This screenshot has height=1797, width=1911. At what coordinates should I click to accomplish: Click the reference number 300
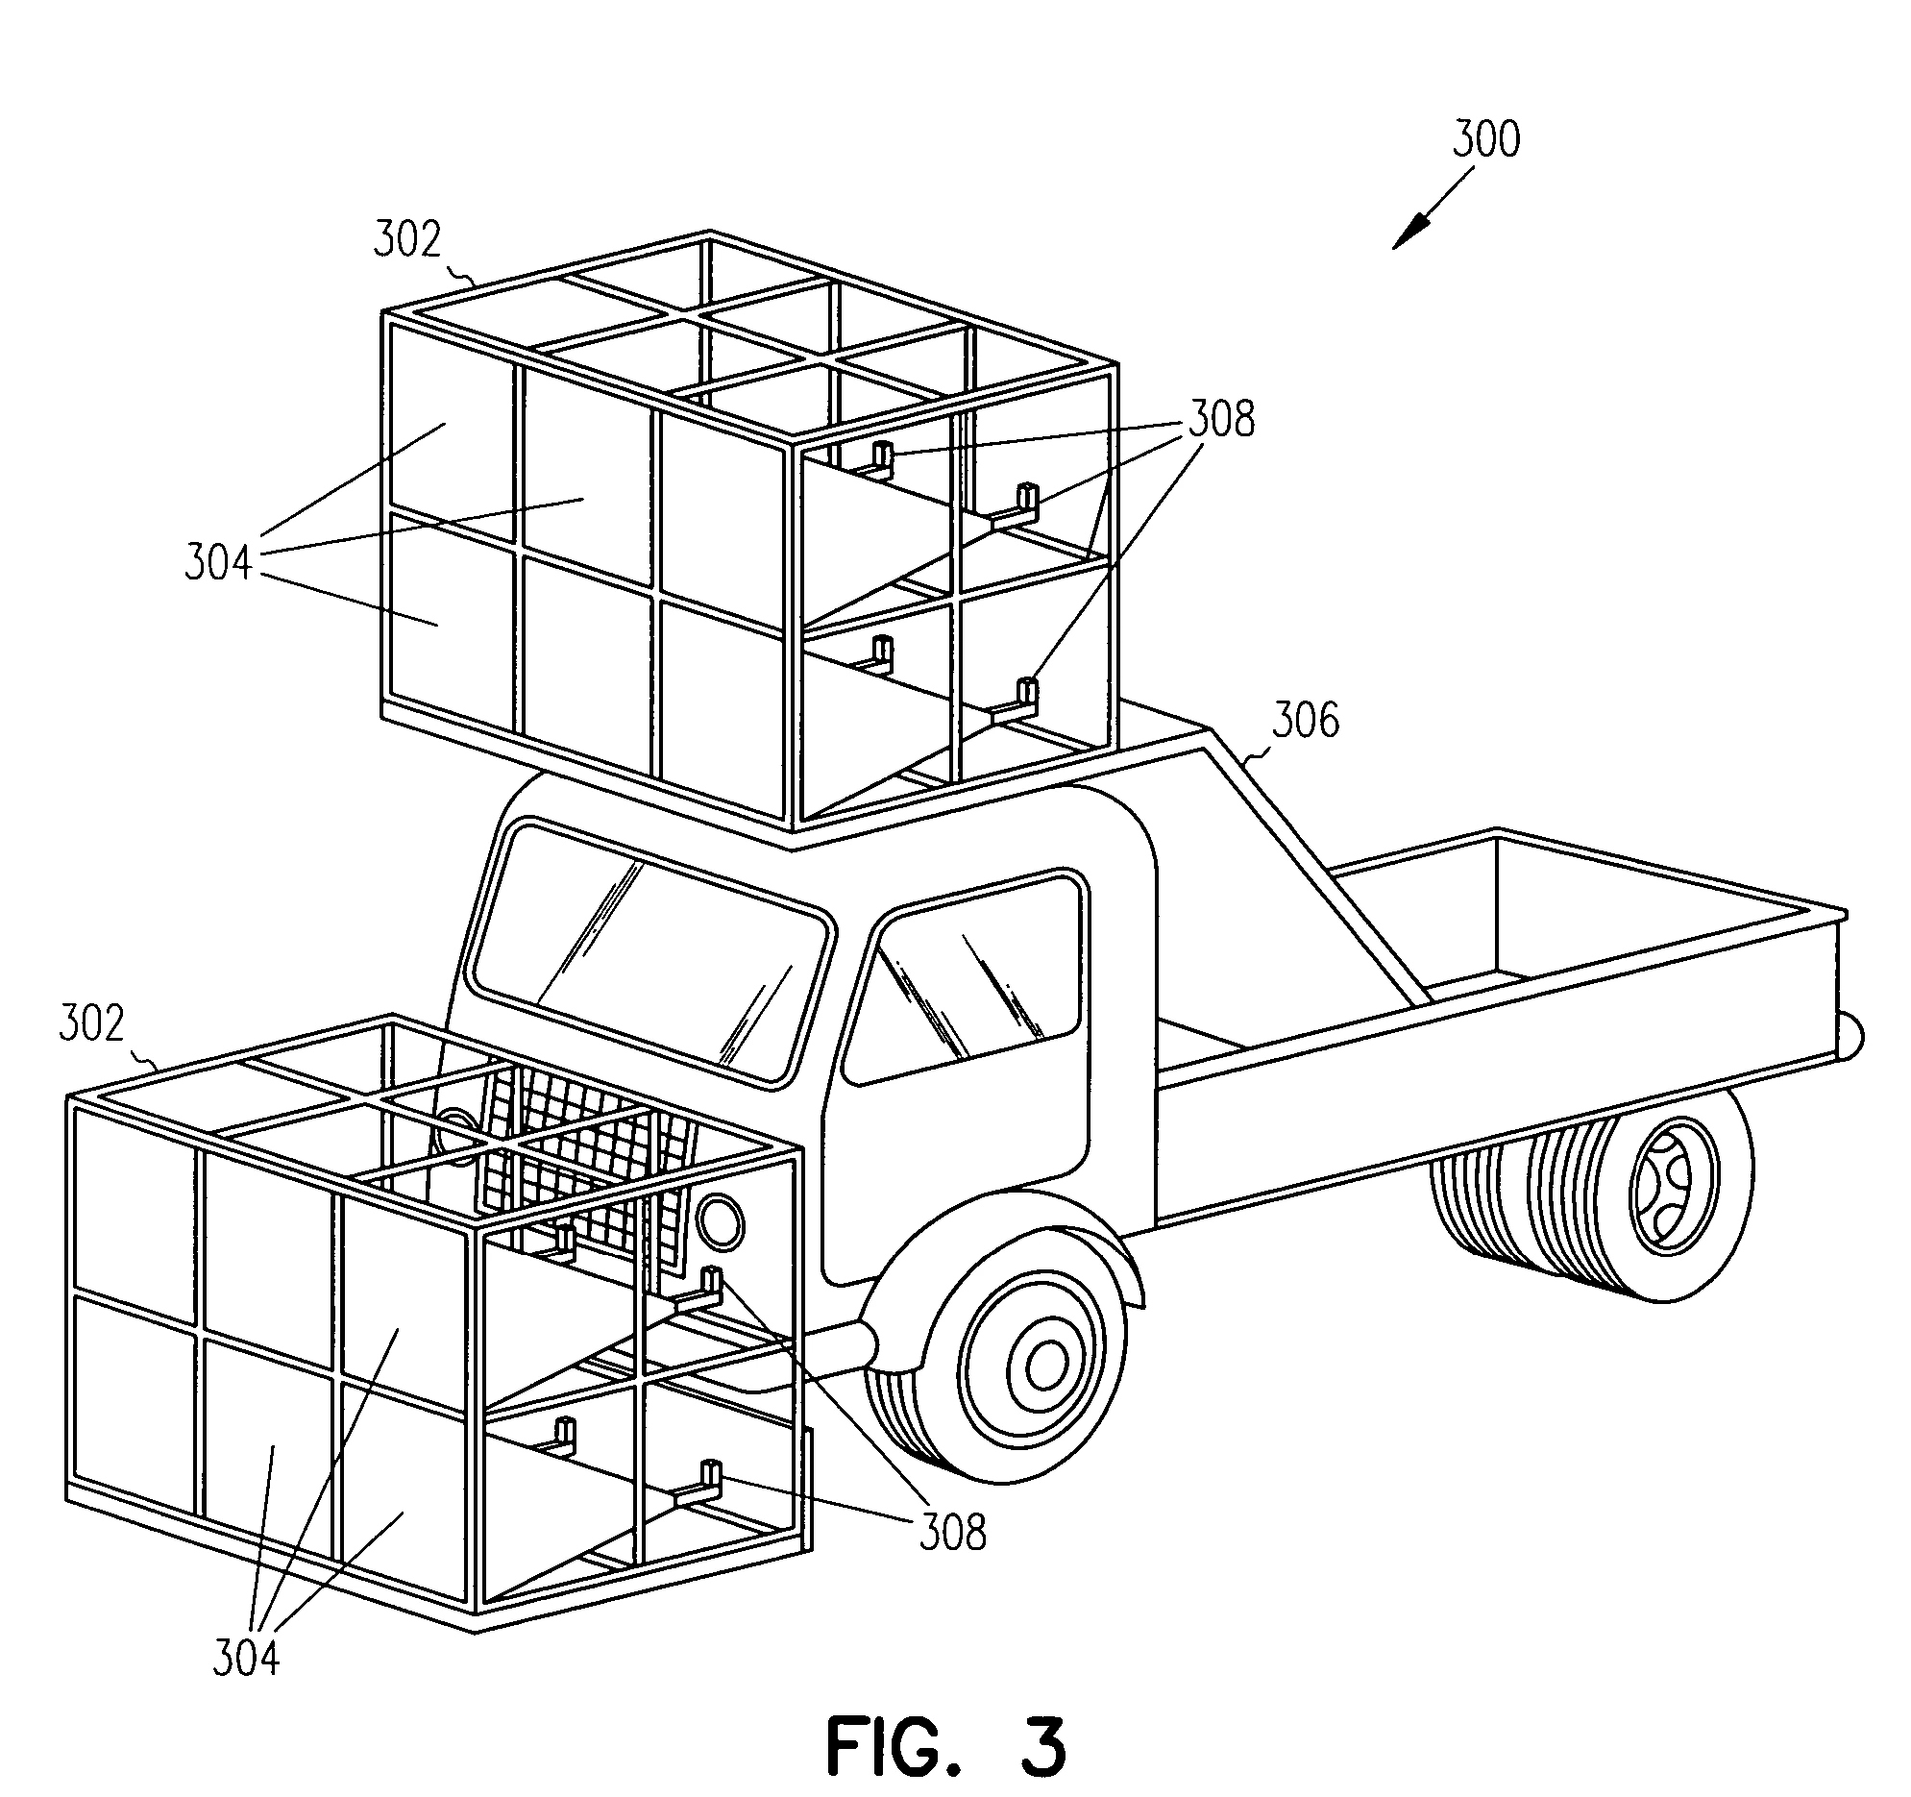pyautogui.click(x=1486, y=139)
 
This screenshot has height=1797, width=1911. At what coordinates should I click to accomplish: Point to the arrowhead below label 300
pyautogui.click(x=1407, y=236)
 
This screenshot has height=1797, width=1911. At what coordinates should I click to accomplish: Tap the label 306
pyautogui.click(x=1305, y=720)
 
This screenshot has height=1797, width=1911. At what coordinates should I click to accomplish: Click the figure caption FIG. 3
pyautogui.click(x=945, y=1745)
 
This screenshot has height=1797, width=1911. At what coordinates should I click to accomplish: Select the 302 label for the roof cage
pyautogui.click(x=407, y=239)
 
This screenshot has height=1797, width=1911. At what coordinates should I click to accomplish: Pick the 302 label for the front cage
pyautogui.click(x=91, y=1025)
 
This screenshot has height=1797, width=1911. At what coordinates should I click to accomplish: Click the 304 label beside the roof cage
pyautogui.click(x=218, y=562)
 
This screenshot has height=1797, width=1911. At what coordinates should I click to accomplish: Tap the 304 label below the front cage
pyautogui.click(x=245, y=1659)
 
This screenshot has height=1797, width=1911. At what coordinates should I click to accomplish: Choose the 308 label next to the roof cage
pyautogui.click(x=1222, y=420)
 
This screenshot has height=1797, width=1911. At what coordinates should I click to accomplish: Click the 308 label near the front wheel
pyautogui.click(x=951, y=1533)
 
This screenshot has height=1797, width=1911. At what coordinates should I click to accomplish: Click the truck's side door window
pyautogui.click(x=967, y=976)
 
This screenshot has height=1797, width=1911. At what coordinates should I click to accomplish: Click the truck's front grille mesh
pyautogui.click(x=596, y=1154)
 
